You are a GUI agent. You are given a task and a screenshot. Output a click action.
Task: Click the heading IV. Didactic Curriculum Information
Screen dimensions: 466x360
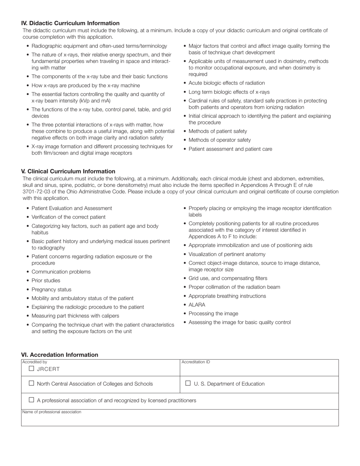pos(70,23)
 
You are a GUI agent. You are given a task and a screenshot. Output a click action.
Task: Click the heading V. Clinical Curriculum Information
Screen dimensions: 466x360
pos(68,171)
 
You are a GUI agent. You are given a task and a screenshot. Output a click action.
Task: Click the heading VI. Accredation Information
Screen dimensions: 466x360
pos(59,355)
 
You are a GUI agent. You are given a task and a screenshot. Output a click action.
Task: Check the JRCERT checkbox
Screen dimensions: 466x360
pos(31,368)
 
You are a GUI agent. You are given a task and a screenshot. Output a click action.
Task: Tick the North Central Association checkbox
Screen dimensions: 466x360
pos(31,383)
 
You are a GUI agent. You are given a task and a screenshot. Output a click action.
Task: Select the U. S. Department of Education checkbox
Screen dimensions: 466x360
pos(188,383)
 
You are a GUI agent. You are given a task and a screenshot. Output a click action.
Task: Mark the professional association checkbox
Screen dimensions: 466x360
pos(31,400)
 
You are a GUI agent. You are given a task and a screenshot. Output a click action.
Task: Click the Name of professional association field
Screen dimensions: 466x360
pos(180,419)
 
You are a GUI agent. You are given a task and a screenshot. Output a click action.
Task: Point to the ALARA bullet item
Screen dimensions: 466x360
pos(197,305)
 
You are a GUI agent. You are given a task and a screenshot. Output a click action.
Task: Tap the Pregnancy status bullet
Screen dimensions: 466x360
pos(51,289)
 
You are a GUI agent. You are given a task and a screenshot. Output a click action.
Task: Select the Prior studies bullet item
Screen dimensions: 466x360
pos(46,280)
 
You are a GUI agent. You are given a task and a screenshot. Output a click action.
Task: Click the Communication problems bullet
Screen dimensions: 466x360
pos(61,272)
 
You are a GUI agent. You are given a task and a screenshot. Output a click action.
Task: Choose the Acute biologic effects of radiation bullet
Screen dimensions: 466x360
pos(227,83)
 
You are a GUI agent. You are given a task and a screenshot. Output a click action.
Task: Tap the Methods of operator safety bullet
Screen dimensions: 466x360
pos(219,140)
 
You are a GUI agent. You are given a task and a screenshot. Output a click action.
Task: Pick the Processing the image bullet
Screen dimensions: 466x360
pos(213,313)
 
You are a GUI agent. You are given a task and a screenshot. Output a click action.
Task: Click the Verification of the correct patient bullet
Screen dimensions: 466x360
pos(69,217)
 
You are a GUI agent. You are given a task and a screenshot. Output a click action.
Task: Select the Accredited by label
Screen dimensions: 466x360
pos(34,362)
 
